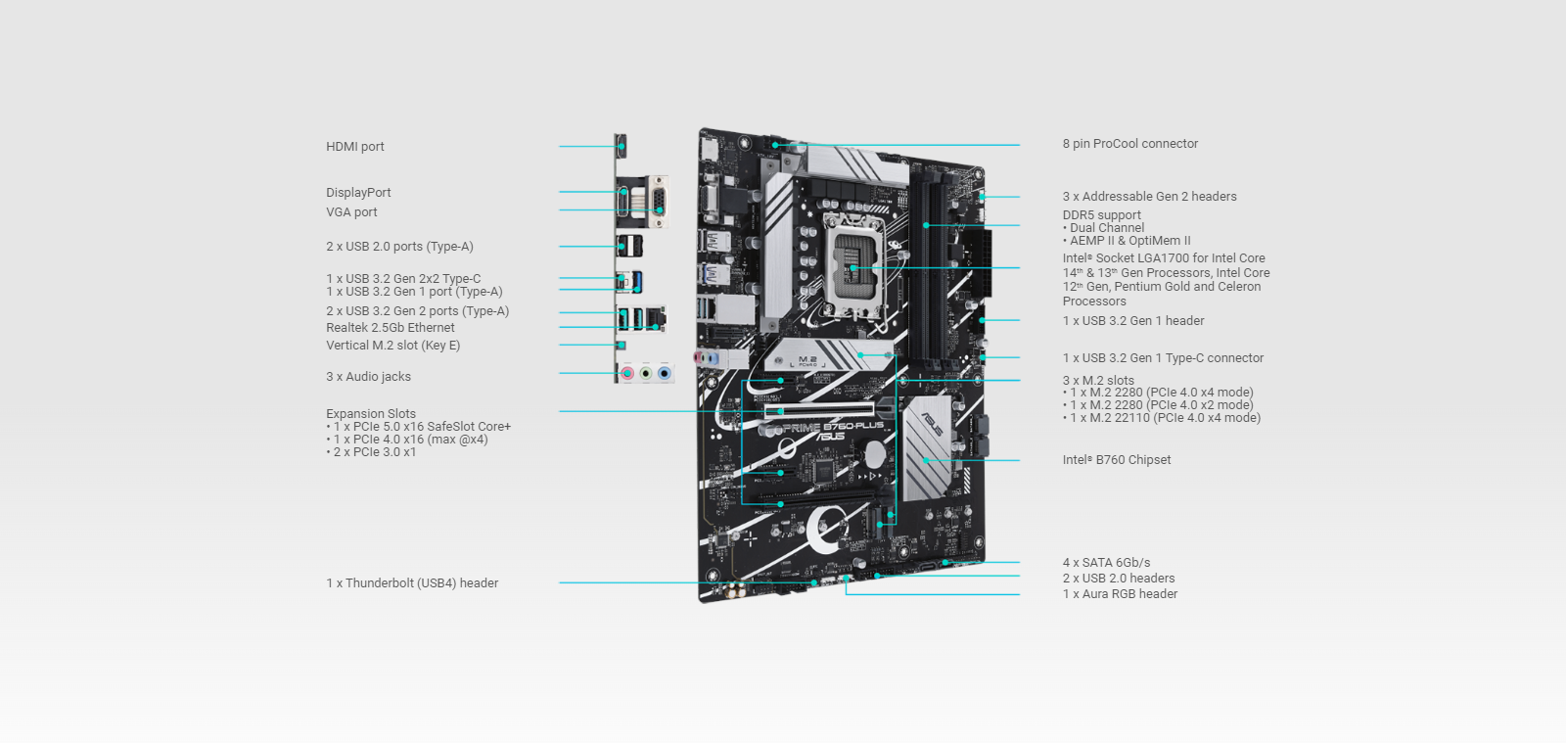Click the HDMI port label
click(x=354, y=147)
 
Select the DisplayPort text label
click(x=358, y=193)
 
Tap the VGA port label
click(x=351, y=212)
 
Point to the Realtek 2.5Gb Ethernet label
click(x=390, y=328)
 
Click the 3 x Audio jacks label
click(x=368, y=377)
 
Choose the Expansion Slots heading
click(x=370, y=414)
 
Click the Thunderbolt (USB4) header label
click(x=412, y=583)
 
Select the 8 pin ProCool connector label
click(x=1129, y=144)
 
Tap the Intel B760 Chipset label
click(x=1116, y=460)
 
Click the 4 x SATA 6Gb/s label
click(x=1106, y=563)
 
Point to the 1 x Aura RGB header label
click(x=1120, y=594)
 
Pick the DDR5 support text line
click(x=1101, y=215)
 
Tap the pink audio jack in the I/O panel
click(x=627, y=373)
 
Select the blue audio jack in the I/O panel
click(x=665, y=373)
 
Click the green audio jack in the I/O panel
click(x=646, y=373)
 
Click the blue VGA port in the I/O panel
click(x=660, y=203)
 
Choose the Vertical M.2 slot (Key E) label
click(x=392, y=346)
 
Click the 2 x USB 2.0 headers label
click(x=1118, y=579)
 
